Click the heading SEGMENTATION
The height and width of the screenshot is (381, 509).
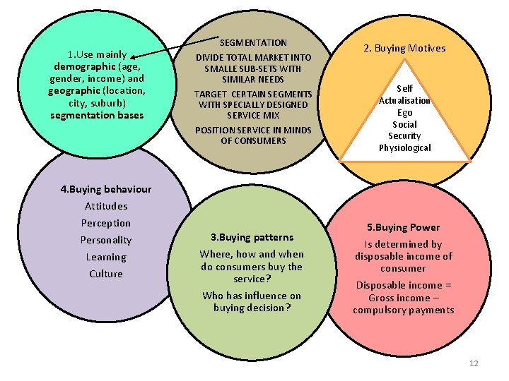pyautogui.click(x=253, y=43)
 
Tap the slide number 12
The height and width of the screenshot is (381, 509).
pyautogui.click(x=474, y=363)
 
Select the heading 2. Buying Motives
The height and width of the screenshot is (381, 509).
pyautogui.click(x=404, y=48)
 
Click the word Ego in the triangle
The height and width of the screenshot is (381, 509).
pyautogui.click(x=405, y=113)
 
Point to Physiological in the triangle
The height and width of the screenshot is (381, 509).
pyautogui.click(x=404, y=147)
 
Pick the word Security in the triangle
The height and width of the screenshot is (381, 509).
pyautogui.click(x=404, y=136)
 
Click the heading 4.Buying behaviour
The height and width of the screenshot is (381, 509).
pyautogui.click(x=95, y=189)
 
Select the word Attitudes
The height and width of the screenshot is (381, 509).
pyautogui.click(x=106, y=206)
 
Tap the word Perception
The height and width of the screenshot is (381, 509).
pyautogui.click(x=106, y=223)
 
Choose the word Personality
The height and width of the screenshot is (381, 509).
pyautogui.click(x=106, y=240)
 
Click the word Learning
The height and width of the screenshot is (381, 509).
pyautogui.click(x=106, y=258)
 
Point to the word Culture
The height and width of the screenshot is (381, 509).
pyautogui.click(x=106, y=274)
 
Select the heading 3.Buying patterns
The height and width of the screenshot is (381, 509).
pyautogui.click(x=252, y=237)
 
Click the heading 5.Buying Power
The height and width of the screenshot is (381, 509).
pyautogui.click(x=403, y=227)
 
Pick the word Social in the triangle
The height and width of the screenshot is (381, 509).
pyautogui.click(x=405, y=124)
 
